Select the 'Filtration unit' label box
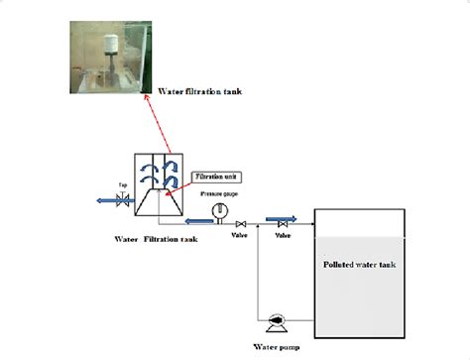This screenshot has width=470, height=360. click(213, 176)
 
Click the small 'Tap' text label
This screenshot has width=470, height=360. click(123, 185)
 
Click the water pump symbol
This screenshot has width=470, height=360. click(278, 319)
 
